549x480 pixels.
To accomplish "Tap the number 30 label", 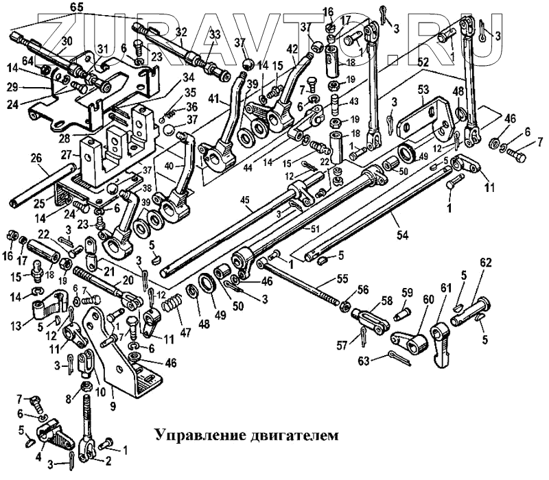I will click(x=66, y=41).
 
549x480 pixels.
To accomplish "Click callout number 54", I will click(x=401, y=235).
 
